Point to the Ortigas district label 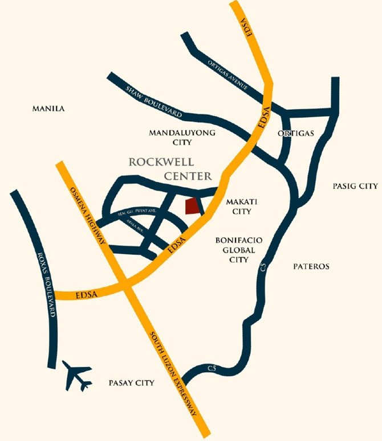[296, 134]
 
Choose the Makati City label [238, 206]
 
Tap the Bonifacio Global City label [234, 250]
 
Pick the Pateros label [311, 266]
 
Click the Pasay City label [131, 384]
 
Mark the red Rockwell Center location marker [193, 206]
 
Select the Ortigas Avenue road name [227, 71]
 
